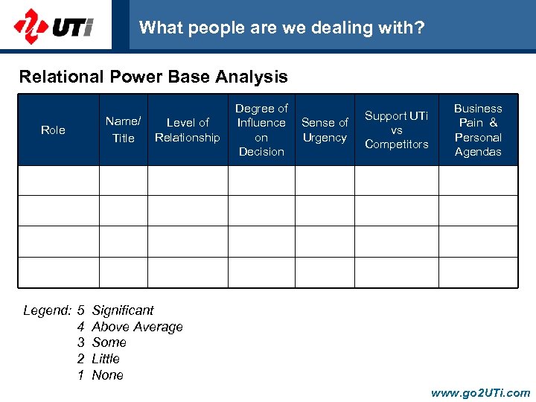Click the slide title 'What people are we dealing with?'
point(281,28)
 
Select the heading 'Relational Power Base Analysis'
point(153,77)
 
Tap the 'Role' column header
point(53,130)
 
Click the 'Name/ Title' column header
point(123,130)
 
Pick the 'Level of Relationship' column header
point(188,130)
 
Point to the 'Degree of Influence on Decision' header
point(261,130)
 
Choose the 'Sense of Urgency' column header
point(325,130)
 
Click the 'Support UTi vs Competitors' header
point(396,130)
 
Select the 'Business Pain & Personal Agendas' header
point(478,130)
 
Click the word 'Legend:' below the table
point(47,310)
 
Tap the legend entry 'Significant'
point(123,310)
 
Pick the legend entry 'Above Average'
point(137,327)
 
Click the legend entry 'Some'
point(109,342)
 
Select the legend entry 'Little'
point(106,359)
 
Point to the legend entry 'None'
point(107,375)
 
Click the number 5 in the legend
point(80,310)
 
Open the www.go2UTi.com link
point(480,393)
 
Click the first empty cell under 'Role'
point(59,180)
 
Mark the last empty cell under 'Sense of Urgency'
point(325,272)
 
